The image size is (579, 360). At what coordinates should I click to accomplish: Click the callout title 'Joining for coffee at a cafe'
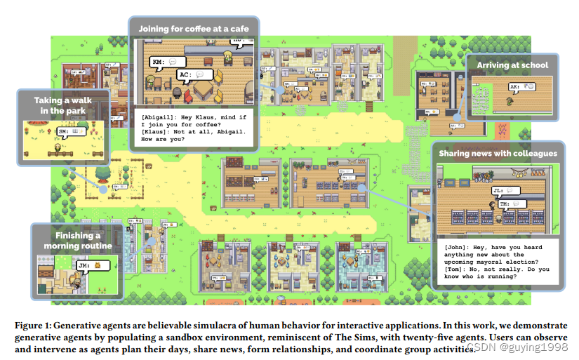click(x=193, y=29)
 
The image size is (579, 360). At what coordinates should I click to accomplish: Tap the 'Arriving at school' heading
click(x=512, y=65)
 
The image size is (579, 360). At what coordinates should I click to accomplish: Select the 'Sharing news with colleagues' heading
click(x=498, y=153)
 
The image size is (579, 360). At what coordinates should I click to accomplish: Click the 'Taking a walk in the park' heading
click(x=62, y=106)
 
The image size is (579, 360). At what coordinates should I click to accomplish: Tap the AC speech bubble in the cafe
click(x=194, y=73)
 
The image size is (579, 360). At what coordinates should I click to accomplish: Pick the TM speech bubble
click(x=510, y=204)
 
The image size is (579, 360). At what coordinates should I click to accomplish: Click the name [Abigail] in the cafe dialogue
click(x=159, y=114)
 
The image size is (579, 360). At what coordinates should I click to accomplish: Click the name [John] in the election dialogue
click(x=459, y=248)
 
